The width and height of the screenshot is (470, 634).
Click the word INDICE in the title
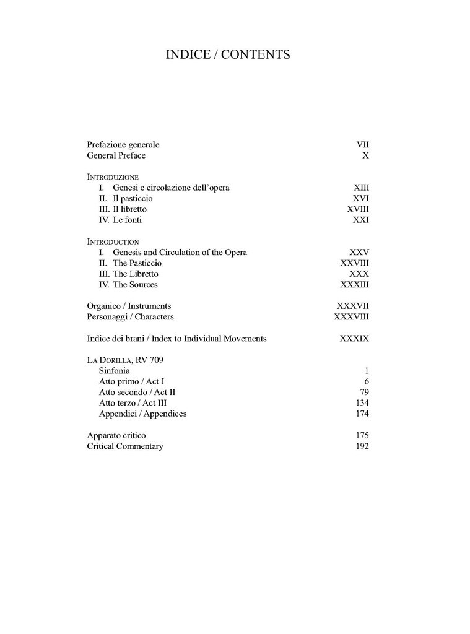(188, 54)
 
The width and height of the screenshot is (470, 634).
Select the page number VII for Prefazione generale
(362, 145)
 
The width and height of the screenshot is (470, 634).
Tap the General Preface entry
(116, 155)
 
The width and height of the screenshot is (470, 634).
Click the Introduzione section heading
(113, 177)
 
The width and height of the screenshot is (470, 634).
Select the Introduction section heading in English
(113, 241)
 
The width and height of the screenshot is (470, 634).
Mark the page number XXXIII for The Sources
(355, 285)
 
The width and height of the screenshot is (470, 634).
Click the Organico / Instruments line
(129, 306)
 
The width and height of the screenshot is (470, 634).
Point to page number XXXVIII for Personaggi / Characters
(351, 317)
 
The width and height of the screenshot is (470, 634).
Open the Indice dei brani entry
(176, 339)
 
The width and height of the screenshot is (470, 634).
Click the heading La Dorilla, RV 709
(125, 360)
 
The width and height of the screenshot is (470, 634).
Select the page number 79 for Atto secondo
(364, 393)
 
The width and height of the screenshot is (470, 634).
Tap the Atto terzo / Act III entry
(133, 403)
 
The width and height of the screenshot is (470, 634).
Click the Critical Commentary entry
(125, 446)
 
